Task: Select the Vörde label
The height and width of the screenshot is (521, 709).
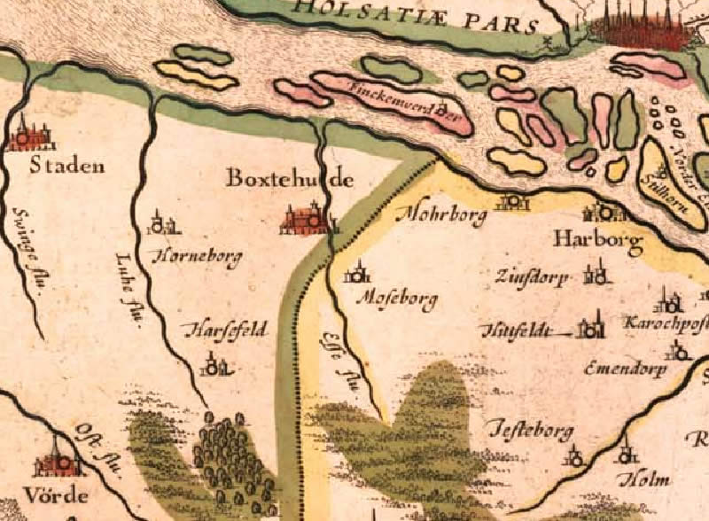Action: pyautogui.click(x=61, y=494)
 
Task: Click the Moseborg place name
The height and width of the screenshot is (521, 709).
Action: pyautogui.click(x=396, y=300)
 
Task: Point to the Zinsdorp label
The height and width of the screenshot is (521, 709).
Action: pyautogui.click(x=533, y=277)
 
